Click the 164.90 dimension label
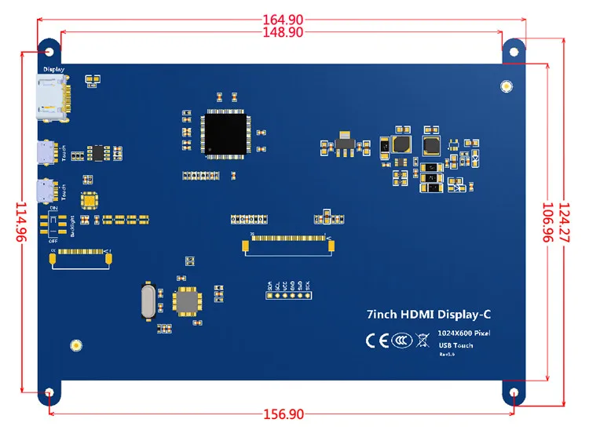click(284, 20)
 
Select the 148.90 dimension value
click(284, 32)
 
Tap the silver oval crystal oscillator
click(148, 301)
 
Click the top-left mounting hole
click(50, 51)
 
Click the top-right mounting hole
click(514, 51)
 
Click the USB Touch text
click(455, 345)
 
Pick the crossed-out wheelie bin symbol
click(422, 340)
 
